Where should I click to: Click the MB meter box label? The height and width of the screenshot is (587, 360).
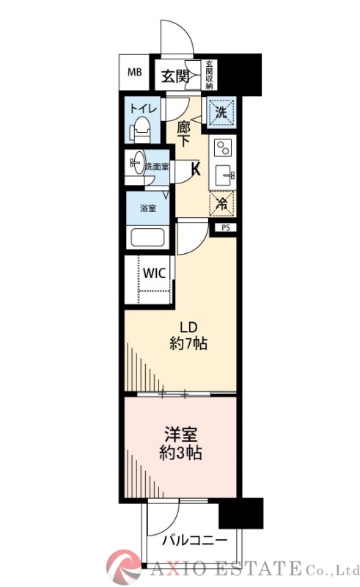tap(135, 72)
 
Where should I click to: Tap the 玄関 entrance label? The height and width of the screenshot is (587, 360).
tap(175, 75)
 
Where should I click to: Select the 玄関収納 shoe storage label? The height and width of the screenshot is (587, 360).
tap(209, 74)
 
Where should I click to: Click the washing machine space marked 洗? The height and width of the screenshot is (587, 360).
tap(221, 112)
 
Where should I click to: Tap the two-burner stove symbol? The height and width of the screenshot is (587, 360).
tap(221, 148)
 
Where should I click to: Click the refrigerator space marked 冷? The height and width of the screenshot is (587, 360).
tap(221, 205)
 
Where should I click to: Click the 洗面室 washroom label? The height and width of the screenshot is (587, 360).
tap(156, 167)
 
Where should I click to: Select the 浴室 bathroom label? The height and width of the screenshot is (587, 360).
tap(147, 208)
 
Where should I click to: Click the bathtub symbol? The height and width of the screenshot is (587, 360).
tap(147, 238)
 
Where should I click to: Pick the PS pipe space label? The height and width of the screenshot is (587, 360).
tap(225, 228)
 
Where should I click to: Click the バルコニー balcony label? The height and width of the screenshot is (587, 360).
tap(194, 542)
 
